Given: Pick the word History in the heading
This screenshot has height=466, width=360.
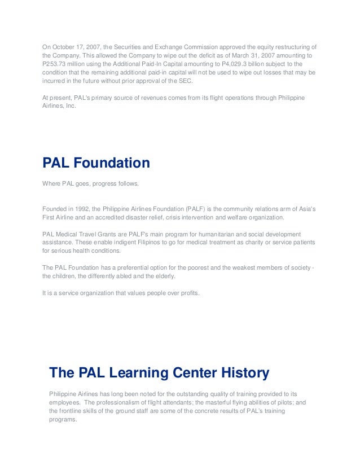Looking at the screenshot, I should [x=243, y=373].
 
